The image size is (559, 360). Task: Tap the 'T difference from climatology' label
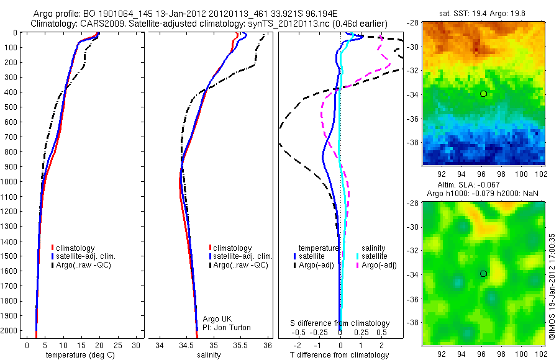tap(340, 355)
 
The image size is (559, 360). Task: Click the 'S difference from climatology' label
tap(340, 323)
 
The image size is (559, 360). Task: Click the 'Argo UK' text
tap(218, 319)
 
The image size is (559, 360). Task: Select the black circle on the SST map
tap(483, 94)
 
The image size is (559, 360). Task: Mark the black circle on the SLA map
tap(483, 274)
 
